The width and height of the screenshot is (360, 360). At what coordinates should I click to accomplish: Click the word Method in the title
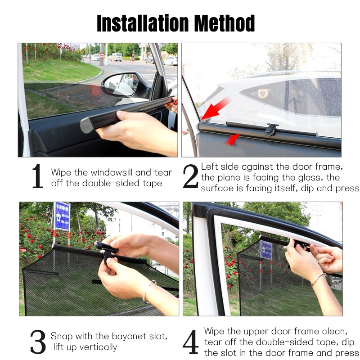[225, 23]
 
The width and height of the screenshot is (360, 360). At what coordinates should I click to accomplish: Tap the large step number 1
[37, 176]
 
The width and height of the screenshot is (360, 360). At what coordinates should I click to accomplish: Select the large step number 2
[190, 176]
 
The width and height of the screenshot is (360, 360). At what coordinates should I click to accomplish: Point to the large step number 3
[38, 342]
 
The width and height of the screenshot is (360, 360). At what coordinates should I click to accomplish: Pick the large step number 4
[190, 342]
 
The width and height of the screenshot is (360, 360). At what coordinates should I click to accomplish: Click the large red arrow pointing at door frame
[216, 108]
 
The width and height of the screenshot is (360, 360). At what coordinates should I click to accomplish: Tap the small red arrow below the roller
[232, 139]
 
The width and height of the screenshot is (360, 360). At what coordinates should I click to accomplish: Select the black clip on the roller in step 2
[271, 129]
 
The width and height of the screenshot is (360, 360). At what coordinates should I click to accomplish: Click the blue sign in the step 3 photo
[62, 216]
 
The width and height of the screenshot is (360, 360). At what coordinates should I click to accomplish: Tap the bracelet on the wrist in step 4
[318, 279]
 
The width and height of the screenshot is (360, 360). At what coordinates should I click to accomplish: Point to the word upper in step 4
[256, 332]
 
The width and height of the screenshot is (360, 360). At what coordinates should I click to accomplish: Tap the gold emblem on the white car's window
[263, 93]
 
